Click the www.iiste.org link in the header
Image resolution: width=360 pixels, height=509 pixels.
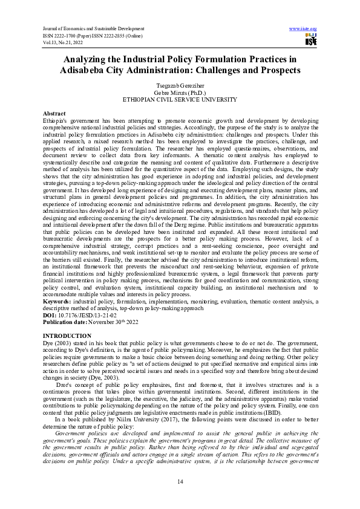pos(304,28)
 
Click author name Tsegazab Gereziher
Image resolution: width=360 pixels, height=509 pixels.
pos(180,86)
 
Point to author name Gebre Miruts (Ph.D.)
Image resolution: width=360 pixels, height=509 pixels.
pos(180,92)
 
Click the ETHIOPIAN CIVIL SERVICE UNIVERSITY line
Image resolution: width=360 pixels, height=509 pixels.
pos(180,99)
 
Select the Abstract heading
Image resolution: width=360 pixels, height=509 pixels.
pos(54,114)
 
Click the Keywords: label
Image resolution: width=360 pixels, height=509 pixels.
pos(57,300)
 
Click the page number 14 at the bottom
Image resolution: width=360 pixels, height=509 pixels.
pos(180,481)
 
